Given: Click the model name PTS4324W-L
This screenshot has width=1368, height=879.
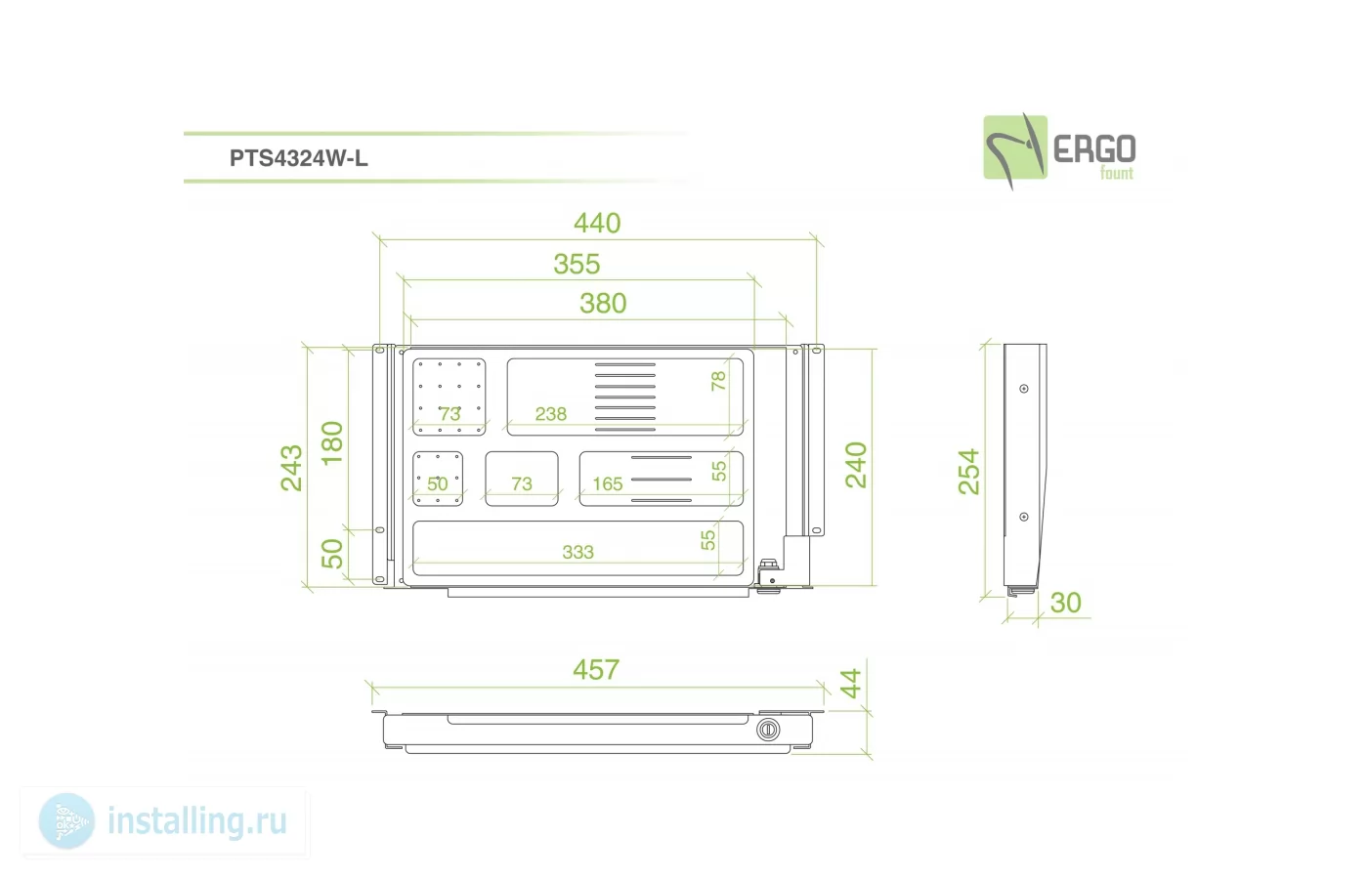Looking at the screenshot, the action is pos(299,158).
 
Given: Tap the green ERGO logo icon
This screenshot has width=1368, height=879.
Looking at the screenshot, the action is pos(1015,148).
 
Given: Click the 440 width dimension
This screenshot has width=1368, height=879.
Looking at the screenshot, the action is pos(597,223).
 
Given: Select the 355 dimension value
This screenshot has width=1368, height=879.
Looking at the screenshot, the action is pos(577,264).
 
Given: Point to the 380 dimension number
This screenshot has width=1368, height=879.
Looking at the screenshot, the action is pos(603,303).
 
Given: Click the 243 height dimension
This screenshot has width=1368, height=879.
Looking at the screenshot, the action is pos(291,468).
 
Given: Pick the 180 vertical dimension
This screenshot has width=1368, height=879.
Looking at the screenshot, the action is pos(332,443).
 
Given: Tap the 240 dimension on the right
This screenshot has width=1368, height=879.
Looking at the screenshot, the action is pos(856,465).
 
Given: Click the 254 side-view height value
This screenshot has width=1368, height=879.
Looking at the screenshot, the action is pos(968,472).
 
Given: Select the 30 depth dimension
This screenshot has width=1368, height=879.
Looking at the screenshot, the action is pos(1066,603).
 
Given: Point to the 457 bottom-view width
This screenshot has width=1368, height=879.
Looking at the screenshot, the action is pos(596,670).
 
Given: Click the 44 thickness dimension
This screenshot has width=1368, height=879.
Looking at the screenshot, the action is pos(851,683).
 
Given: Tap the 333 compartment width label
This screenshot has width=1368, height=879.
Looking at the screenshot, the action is pos(577,553).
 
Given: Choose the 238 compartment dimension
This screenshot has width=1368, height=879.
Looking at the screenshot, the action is pos(551,414).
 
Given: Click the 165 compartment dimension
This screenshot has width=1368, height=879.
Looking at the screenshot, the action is pos(608,484).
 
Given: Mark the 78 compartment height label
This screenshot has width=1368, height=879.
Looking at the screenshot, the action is pos(719,381).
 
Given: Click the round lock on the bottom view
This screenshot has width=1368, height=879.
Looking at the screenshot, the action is pos(768,730).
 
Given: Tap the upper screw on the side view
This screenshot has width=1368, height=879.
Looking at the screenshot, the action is pos(1024,389).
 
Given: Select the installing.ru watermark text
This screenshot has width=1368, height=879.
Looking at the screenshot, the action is pos(197,821).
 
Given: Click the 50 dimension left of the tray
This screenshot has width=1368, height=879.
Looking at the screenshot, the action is pos(332,554).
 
